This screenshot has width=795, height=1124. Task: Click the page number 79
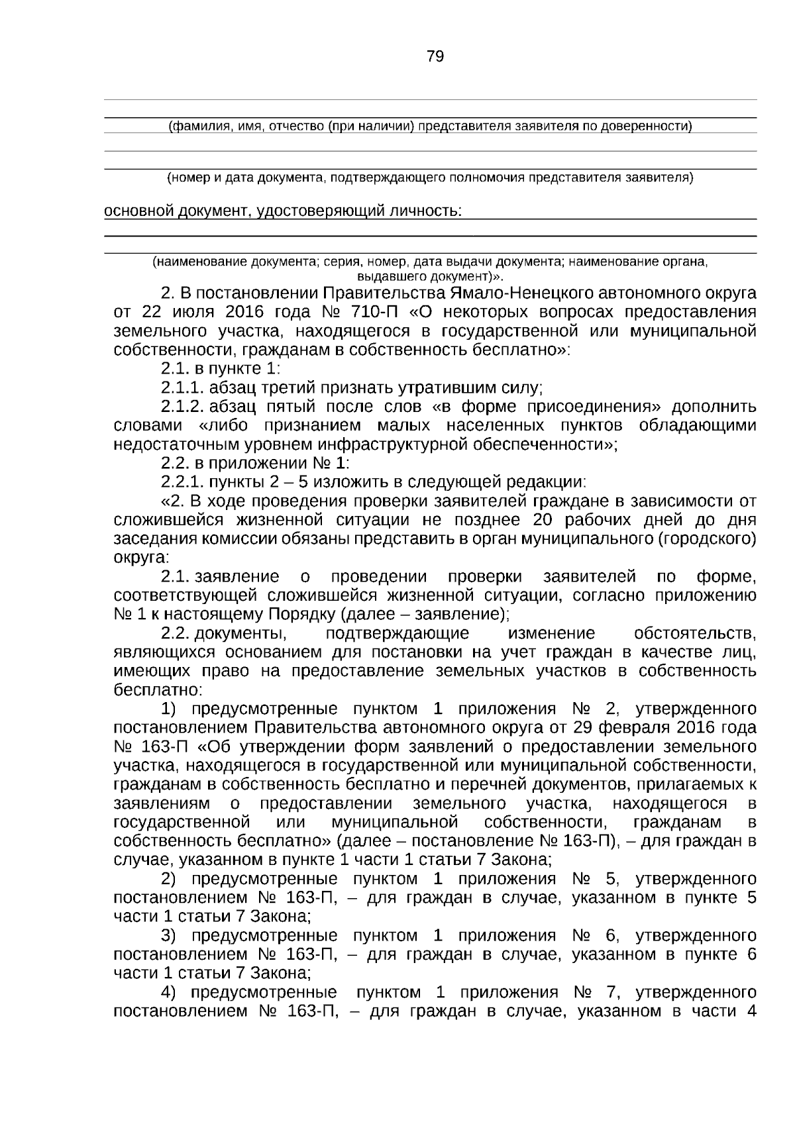click(435, 56)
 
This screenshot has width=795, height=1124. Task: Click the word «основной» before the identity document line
click(136, 211)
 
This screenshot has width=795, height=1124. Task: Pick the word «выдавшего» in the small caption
click(383, 275)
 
